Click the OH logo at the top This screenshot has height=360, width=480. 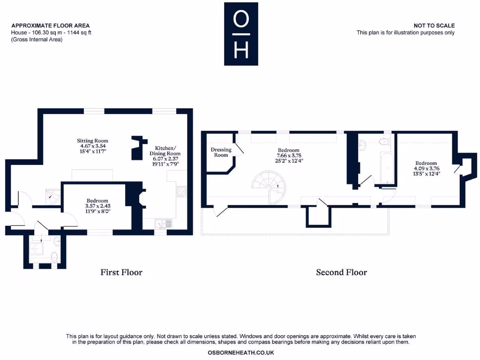click(241, 34)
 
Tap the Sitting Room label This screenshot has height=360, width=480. click(92, 141)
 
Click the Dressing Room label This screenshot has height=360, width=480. click(221, 152)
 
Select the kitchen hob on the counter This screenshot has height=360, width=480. click(181, 191)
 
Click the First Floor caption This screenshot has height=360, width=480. click(121, 272)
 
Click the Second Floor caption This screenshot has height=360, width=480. click(341, 272)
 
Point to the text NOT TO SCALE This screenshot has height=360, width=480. click(434, 26)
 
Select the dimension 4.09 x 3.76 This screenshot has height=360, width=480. click(426, 169)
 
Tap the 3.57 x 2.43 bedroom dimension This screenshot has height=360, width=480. click(97, 206)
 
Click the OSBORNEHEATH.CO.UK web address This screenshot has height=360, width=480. click(241, 352)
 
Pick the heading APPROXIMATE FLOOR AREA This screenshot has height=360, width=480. click(50, 26)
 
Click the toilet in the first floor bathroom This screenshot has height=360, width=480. click(54, 257)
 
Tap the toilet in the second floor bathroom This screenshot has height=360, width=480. click(384, 141)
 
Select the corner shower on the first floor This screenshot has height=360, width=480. click(52, 197)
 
